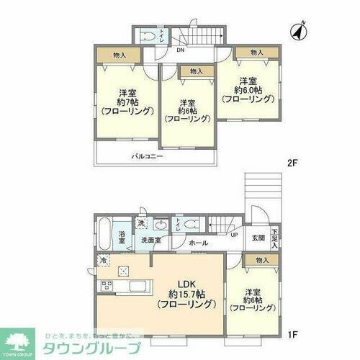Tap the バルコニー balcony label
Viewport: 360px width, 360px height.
pyautogui.click(x=147, y=156)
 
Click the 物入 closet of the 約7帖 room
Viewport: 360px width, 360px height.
pyautogui.click(x=119, y=55)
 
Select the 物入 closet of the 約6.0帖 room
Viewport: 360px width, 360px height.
pyautogui.click(x=257, y=53)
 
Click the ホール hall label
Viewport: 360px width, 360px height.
pyautogui.click(x=198, y=244)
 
